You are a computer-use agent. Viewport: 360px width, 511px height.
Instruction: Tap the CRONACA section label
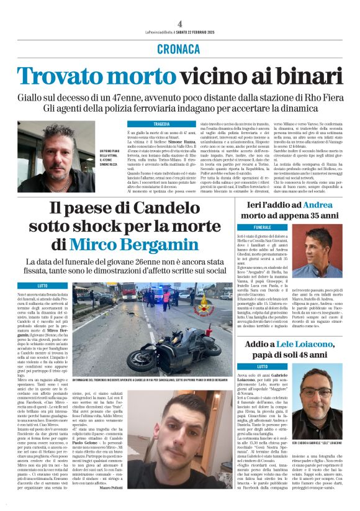coord(179,48)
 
